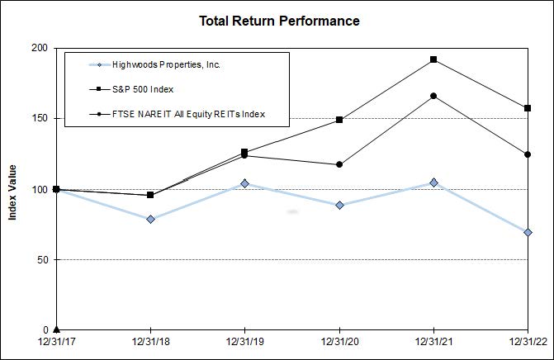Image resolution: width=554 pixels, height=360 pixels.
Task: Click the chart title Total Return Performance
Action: (x=279, y=21)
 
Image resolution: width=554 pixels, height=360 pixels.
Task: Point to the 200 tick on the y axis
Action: (x=38, y=48)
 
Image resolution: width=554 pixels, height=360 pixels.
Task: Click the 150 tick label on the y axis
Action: (x=38, y=119)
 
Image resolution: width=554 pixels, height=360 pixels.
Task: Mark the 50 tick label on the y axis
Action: (x=40, y=260)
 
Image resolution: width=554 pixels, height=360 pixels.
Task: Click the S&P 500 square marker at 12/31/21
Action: (x=433, y=59)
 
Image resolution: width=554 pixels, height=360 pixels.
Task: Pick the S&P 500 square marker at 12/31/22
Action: (x=528, y=108)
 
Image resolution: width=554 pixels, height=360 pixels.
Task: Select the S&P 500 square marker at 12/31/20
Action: (x=339, y=120)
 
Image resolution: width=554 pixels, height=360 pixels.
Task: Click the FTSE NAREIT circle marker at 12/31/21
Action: (x=433, y=96)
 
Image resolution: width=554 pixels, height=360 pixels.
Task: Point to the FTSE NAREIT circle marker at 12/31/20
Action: (x=339, y=164)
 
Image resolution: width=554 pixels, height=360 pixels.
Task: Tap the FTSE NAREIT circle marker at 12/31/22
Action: (x=528, y=154)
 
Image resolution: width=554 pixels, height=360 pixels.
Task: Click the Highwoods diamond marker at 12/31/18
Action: (x=150, y=219)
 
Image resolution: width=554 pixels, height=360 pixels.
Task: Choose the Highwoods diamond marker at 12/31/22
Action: (x=528, y=232)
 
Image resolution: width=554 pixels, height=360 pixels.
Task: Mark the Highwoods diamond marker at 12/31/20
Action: (x=339, y=205)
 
